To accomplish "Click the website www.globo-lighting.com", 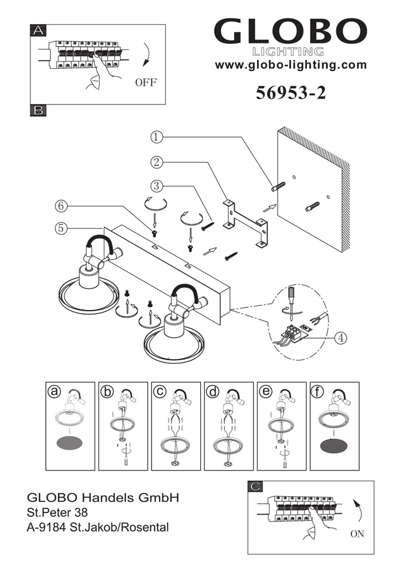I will tap(290, 65).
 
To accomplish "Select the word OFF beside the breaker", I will tap(146, 83).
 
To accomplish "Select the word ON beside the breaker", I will tap(357, 534).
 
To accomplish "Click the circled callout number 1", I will tap(158, 137).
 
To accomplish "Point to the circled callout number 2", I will tap(158, 162).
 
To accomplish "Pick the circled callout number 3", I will tap(158, 186).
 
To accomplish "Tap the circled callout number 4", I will tap(341, 337).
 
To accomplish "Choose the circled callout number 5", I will tap(62, 227).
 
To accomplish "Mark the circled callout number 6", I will tap(62, 205).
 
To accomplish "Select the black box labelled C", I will tap(257, 487).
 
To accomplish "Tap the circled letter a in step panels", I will tap(54, 392).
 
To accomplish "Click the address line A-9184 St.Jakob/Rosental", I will tap(98, 527).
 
